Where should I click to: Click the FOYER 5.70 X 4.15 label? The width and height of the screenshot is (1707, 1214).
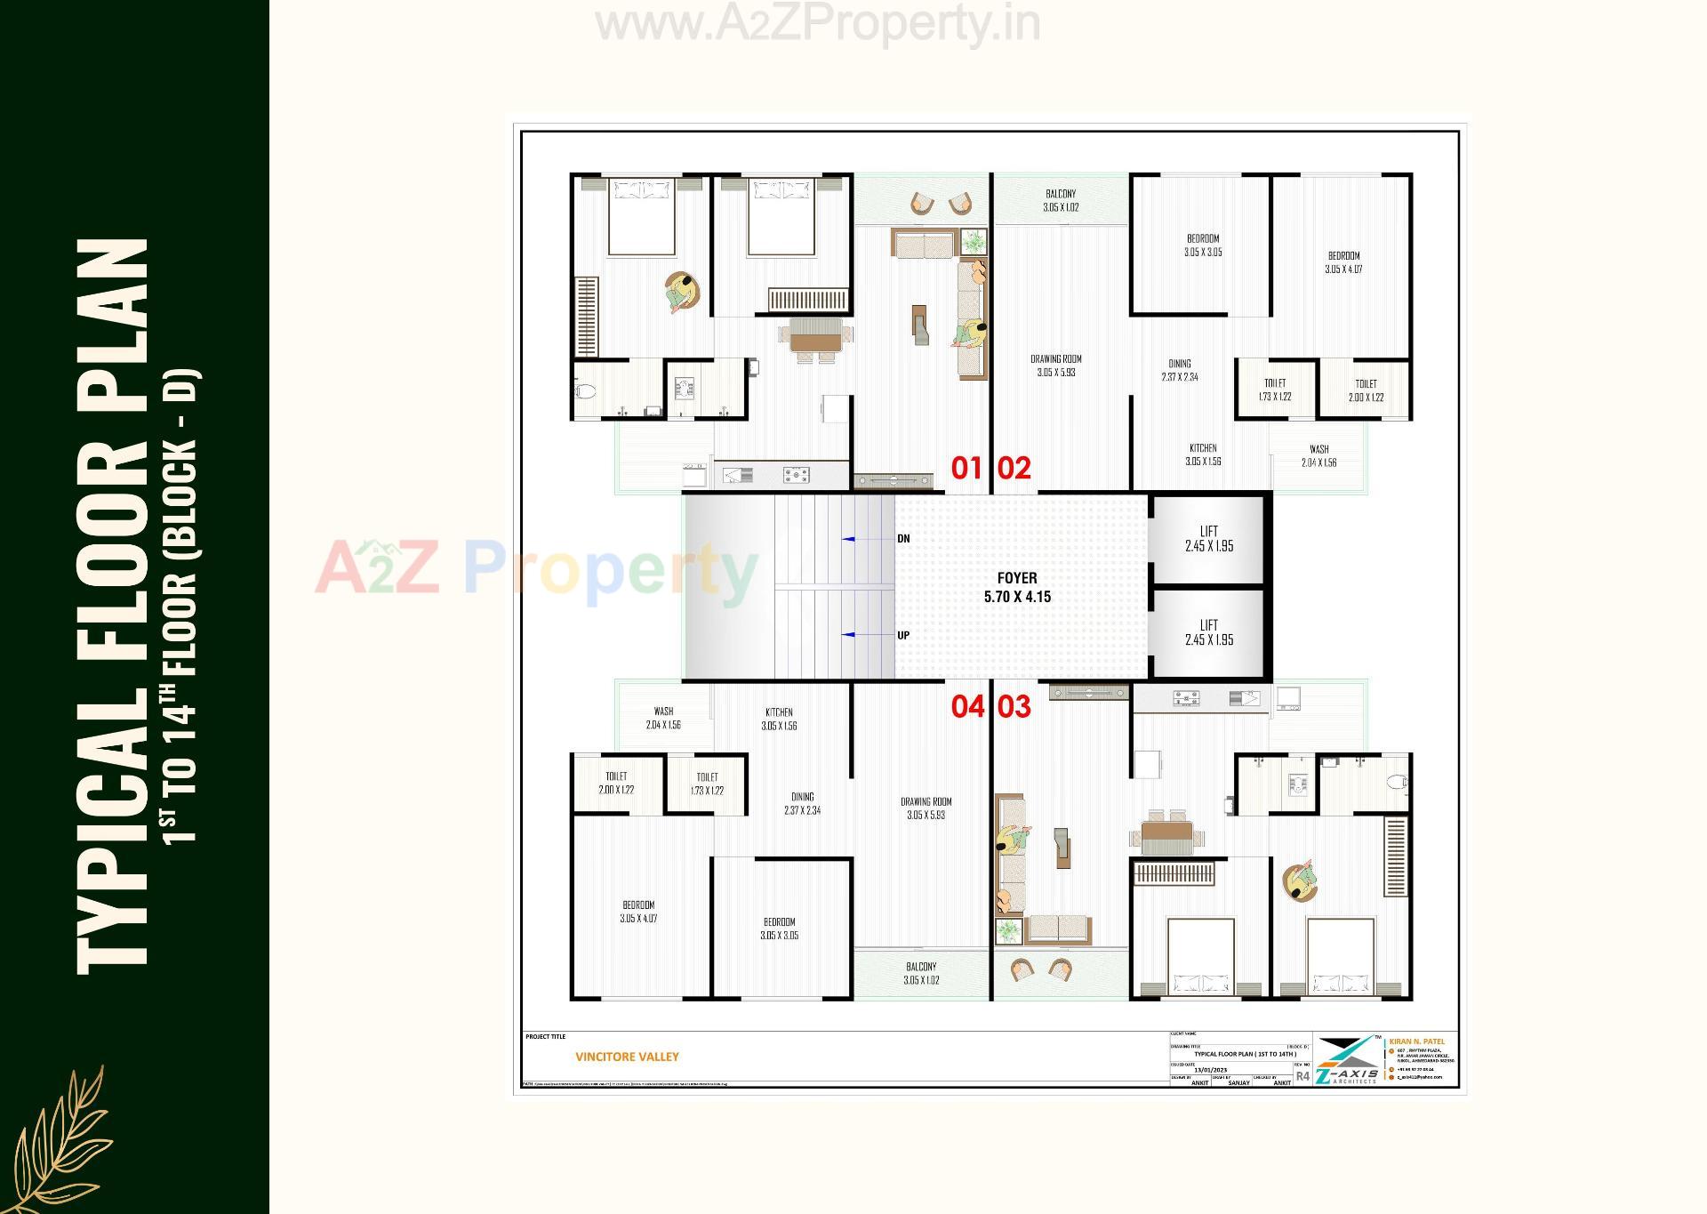[1017, 588]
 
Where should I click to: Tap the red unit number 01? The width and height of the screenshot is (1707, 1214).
[966, 468]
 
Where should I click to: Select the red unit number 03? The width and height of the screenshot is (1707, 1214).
[1014, 706]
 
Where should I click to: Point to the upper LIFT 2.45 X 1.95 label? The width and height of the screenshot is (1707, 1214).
[1208, 539]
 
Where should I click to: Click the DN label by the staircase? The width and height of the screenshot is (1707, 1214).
[903, 539]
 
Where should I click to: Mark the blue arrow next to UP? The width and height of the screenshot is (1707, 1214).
[849, 635]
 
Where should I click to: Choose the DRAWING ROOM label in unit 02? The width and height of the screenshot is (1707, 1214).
[1056, 366]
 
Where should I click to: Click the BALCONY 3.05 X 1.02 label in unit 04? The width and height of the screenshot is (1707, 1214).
[921, 973]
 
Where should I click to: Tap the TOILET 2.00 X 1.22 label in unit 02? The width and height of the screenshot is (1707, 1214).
[1366, 390]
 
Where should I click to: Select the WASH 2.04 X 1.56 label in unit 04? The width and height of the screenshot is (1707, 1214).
[663, 718]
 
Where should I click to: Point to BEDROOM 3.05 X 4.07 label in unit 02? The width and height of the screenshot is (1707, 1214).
[1343, 262]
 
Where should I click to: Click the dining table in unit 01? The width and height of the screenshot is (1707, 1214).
[815, 342]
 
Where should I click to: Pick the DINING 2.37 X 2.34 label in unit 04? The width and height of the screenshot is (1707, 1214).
[802, 803]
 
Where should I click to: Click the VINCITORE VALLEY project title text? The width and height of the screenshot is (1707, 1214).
[627, 1057]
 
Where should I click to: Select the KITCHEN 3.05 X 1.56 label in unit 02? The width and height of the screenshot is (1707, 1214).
[1203, 454]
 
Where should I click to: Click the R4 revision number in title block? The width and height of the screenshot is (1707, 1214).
[1302, 1076]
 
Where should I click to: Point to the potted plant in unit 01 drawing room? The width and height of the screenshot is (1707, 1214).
[974, 240]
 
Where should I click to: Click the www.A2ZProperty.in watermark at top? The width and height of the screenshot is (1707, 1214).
[817, 24]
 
